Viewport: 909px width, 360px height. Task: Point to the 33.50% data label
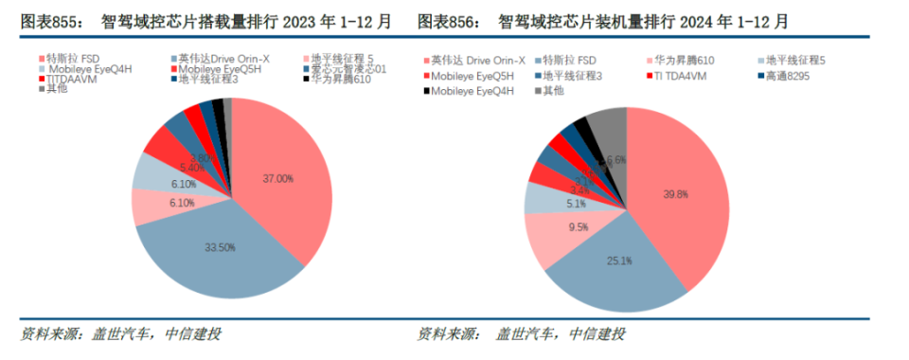221,247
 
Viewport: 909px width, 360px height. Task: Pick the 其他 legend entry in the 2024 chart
554,90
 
